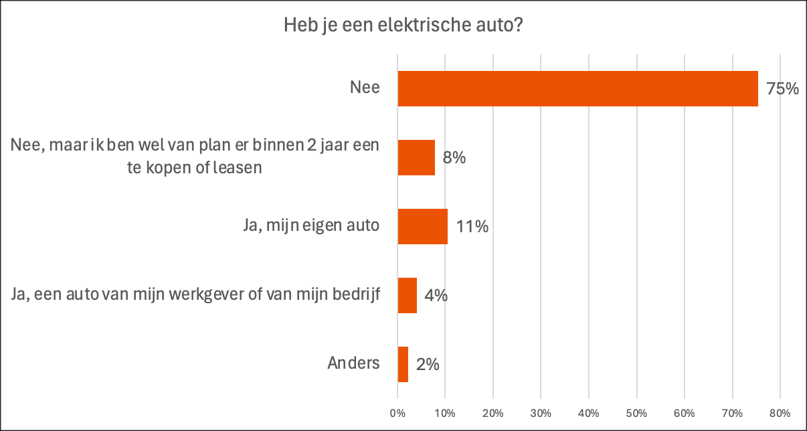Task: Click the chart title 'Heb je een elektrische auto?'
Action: pos(403,26)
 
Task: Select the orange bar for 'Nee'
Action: pos(577,88)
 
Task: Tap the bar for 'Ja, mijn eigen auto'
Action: pos(422,226)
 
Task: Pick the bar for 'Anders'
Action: pos(403,364)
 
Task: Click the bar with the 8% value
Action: pos(416,157)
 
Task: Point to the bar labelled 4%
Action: pos(408,295)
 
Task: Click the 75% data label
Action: pos(783,89)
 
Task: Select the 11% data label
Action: pos(472,227)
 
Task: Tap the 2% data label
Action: pos(427,365)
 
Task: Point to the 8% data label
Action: pos(454,158)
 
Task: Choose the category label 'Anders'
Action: pos(353,363)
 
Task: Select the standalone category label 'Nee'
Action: pos(365,88)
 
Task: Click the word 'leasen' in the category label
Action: pos(238,168)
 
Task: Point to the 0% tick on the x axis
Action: pos(398,412)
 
